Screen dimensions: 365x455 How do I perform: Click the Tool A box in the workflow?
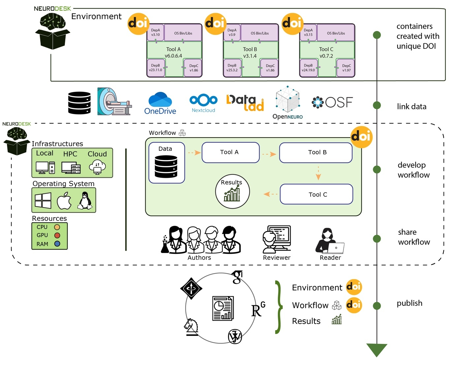pyautogui.click(x=230, y=152)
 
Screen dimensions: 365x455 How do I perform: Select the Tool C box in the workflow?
pyautogui.click(x=316, y=194)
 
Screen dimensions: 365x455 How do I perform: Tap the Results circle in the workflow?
pyautogui.click(x=232, y=191)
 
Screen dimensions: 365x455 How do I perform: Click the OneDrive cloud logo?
pyautogui.click(x=160, y=100)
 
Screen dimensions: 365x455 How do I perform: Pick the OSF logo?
pyautogui.click(x=332, y=102)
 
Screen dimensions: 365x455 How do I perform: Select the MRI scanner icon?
pyautogui.click(x=114, y=102)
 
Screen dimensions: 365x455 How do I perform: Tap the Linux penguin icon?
pyautogui.click(x=85, y=201)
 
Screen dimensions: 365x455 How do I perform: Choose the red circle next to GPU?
pyautogui.click(x=57, y=235)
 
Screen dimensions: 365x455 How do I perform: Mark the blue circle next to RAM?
pyautogui.click(x=57, y=244)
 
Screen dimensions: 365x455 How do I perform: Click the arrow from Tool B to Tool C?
pyautogui.click(x=318, y=173)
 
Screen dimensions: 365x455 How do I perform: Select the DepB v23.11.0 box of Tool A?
pyautogui.click(x=155, y=68)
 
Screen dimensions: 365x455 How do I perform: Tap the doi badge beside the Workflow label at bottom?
pyautogui.click(x=354, y=304)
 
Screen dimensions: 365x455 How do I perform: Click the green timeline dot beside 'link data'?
pyautogui.click(x=377, y=105)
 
